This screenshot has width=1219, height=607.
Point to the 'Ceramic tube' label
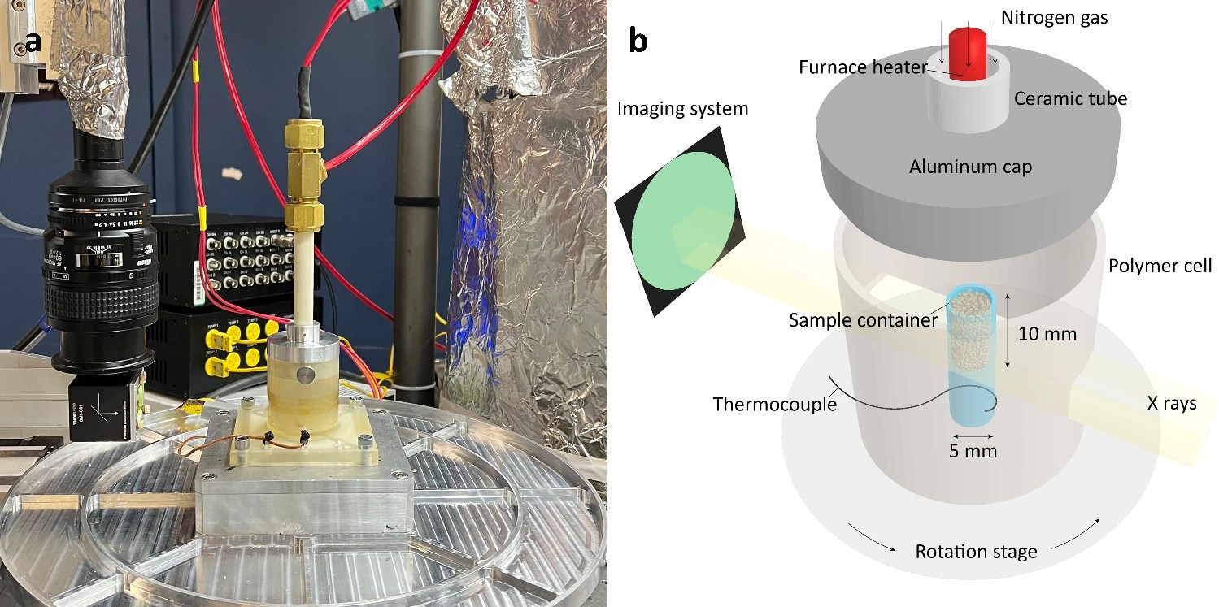pyautogui.click(x=1070, y=99)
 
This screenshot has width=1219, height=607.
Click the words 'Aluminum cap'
pyautogui.click(x=971, y=167)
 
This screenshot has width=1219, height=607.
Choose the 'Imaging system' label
pyautogui.click(x=682, y=108)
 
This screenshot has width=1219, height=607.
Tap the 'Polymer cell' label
pyautogui.click(x=1160, y=266)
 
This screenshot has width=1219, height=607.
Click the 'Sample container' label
pyautogui.click(x=863, y=319)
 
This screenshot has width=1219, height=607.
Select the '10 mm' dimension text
pyautogui.click(x=1049, y=333)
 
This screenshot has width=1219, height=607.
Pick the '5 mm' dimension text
pyautogui.click(x=973, y=449)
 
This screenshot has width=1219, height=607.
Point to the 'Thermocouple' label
pyautogui.click(x=774, y=404)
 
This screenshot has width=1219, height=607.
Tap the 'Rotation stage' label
pyautogui.click(x=976, y=552)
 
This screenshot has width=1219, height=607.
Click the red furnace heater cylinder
pyautogui.click(x=968, y=49)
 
